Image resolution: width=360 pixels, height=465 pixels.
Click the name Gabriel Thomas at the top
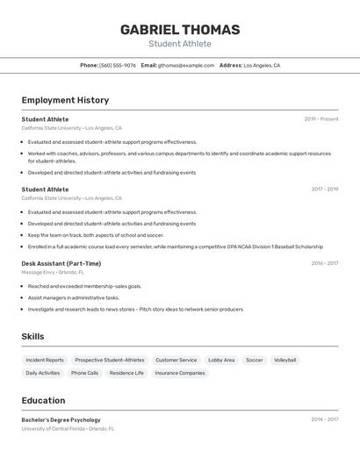coord(180,29)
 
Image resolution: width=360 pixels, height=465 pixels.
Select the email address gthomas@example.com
coord(186,65)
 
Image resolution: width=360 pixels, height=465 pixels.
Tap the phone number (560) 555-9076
coord(118,65)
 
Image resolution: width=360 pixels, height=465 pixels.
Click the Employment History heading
coord(65,100)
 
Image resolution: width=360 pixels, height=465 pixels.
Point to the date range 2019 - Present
coord(321,118)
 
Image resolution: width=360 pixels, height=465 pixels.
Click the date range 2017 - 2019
coord(324,189)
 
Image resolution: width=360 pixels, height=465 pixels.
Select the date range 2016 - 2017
coord(324,262)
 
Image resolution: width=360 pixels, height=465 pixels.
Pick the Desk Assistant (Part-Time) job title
coord(61,263)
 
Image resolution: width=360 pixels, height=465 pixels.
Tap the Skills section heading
coord(32,336)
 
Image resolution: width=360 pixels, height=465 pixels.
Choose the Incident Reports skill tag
coord(45,360)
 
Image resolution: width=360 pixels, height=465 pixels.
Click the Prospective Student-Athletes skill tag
coord(110,360)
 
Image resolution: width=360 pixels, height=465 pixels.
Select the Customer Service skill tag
coord(176,360)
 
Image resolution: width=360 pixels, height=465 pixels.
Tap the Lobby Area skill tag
coord(221,360)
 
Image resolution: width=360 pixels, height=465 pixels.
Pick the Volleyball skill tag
coord(284,360)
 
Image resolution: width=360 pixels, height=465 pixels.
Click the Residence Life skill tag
coord(126,373)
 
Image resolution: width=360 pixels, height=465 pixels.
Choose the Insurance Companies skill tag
coord(180,373)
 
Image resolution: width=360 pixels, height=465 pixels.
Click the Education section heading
coord(43,400)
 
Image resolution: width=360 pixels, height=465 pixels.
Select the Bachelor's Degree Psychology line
coord(61,419)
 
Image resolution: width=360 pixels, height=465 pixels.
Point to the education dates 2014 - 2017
coord(324,419)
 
